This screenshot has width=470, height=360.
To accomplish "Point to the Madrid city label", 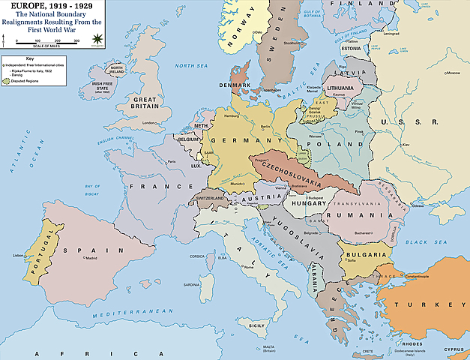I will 91,258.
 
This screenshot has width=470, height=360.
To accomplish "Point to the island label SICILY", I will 257,325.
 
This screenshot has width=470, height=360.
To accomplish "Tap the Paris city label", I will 172,161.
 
